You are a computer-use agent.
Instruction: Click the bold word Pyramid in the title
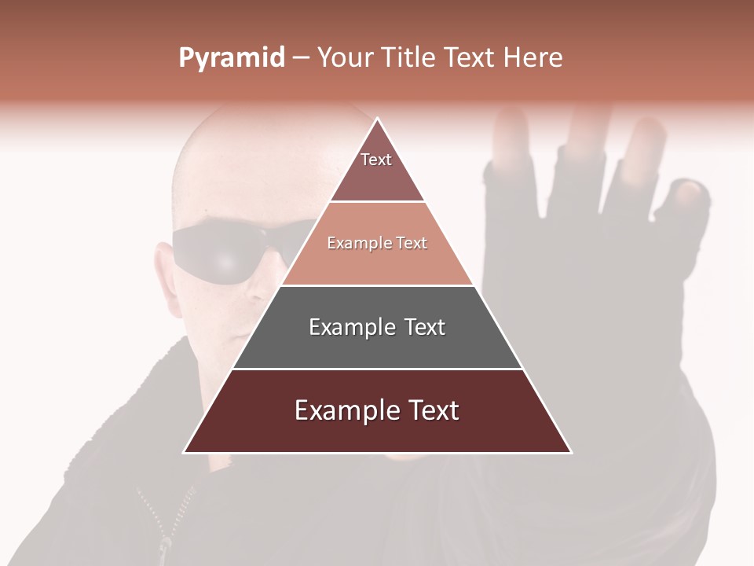[231, 58]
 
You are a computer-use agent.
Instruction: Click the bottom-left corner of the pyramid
[184, 453]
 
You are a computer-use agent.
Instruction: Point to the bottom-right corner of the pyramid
[572, 453]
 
